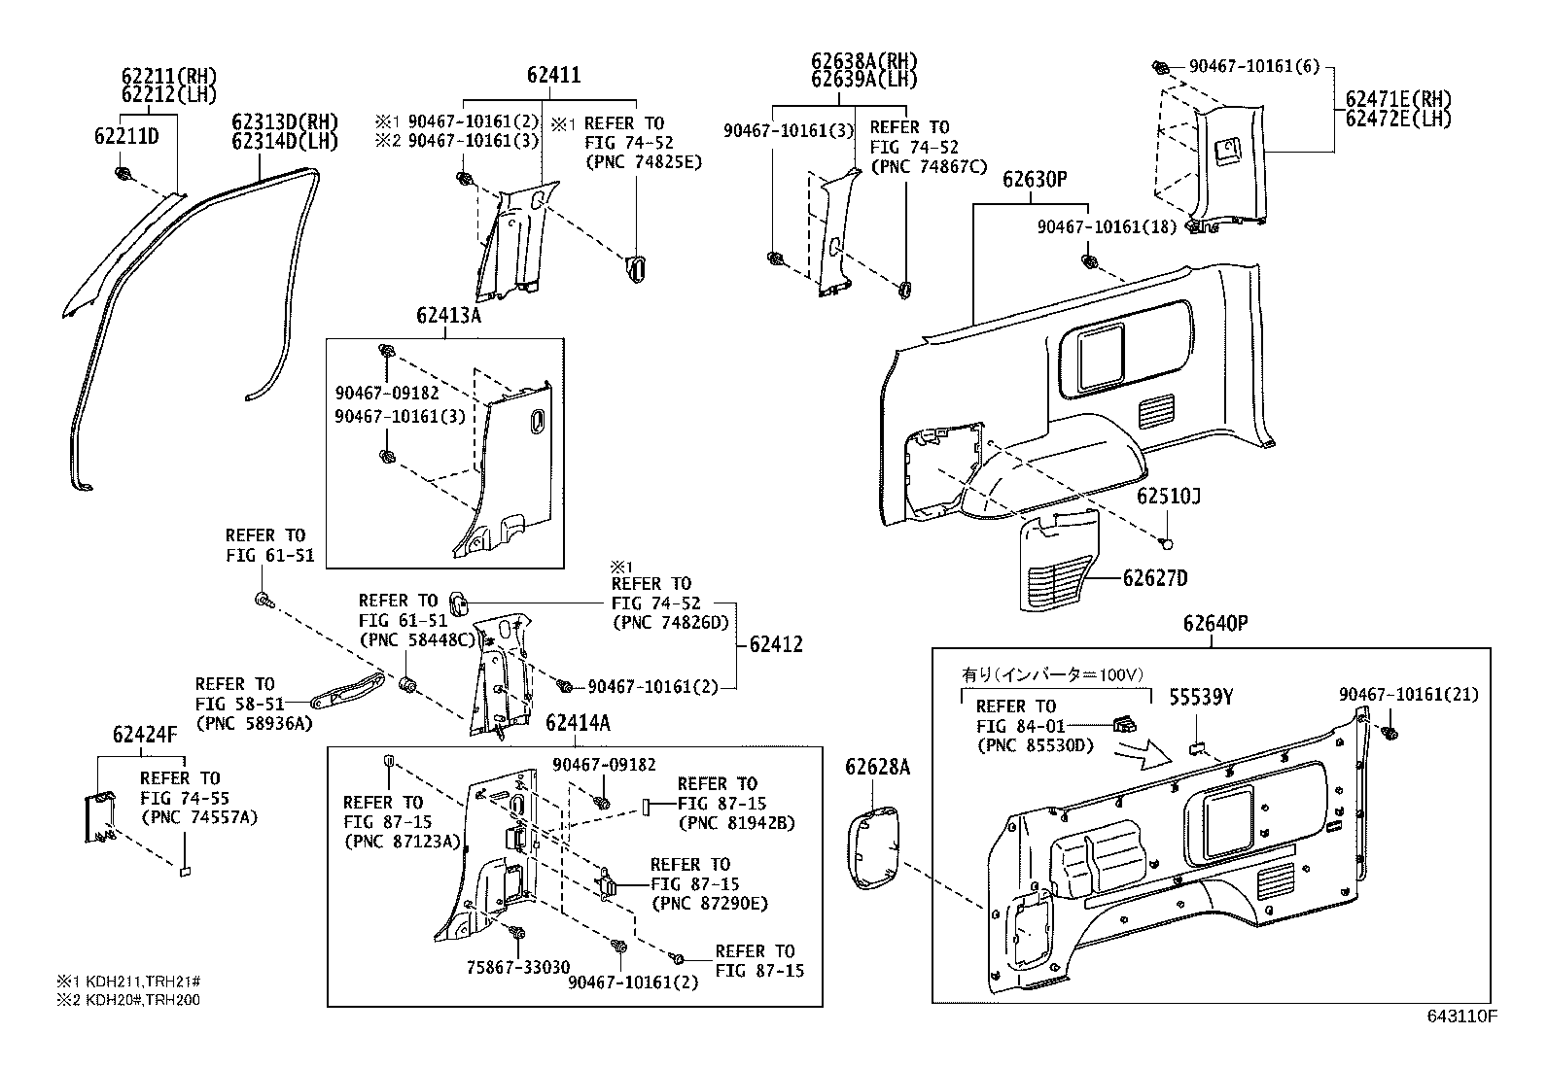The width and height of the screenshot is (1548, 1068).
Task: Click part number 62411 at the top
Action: pos(553,75)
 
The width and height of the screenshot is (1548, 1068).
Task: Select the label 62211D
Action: pos(126,136)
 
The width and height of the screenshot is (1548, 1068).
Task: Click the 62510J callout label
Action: pos(1169,497)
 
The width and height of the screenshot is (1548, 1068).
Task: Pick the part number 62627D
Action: pos(1155,578)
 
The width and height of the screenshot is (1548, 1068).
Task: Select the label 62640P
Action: pos(1215,624)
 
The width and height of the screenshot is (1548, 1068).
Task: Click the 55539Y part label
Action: pos(1201,697)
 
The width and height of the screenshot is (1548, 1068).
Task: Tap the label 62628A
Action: pos(877,768)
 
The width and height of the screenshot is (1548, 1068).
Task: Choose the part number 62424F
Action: pos(144,734)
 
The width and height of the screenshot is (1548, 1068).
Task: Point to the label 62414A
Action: pos(578,723)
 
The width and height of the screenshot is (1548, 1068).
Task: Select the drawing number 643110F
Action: pos(1461,1017)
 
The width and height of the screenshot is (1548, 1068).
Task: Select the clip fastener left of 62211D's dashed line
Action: pos(123,175)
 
